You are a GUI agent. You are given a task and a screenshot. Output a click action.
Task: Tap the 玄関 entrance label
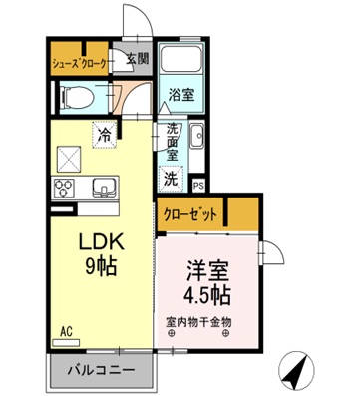tap(137, 59)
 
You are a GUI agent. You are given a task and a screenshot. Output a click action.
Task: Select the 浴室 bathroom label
tap(180, 96)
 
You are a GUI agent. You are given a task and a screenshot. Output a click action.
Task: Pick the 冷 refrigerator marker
tap(104, 130)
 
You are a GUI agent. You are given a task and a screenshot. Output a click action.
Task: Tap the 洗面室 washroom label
tap(173, 142)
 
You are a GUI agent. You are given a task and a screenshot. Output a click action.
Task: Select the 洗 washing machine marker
tap(172, 180)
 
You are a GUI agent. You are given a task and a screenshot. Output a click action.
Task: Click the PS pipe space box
tap(198, 185)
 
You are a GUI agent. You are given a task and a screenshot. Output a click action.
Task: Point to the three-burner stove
tap(67, 187)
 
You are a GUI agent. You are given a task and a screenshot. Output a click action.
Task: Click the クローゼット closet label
tap(190, 212)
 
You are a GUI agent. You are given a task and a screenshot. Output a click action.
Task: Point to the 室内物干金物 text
tap(199, 322)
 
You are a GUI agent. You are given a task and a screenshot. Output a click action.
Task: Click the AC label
tap(67, 329)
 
